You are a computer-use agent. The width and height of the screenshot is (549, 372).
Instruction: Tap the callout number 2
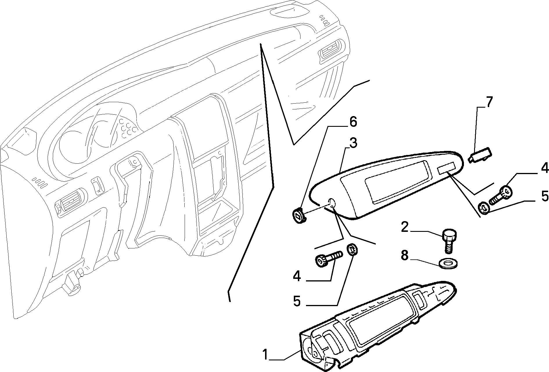click(405, 227)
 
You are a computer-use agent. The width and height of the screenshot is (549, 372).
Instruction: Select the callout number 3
click(353, 143)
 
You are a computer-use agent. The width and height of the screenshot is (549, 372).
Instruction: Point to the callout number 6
click(353, 122)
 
